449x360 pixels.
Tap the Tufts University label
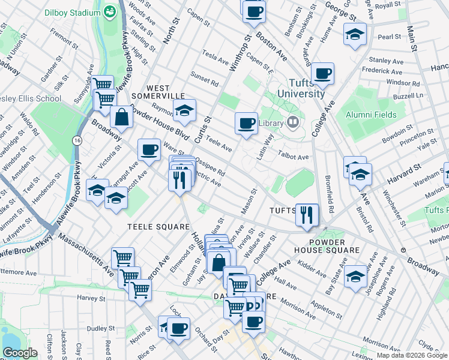298,88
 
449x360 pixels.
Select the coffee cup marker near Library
246,124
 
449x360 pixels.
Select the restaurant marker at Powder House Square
307,214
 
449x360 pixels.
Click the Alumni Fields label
370,115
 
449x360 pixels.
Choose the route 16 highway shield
76,139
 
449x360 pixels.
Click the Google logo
20,353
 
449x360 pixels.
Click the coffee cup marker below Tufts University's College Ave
323,73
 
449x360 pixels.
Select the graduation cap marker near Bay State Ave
356,275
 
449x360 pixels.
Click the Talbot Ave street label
293,157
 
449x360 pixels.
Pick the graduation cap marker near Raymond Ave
185,110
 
